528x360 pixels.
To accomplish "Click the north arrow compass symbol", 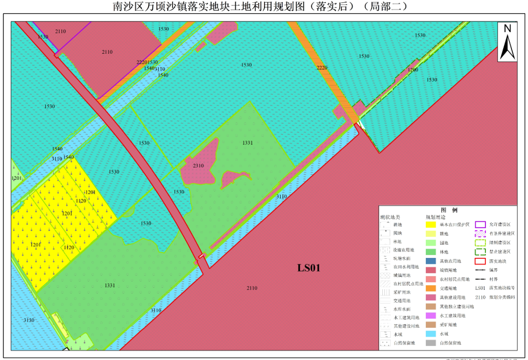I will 507,42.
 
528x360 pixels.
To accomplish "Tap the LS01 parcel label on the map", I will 309,268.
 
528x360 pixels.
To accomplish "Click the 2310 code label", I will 198,166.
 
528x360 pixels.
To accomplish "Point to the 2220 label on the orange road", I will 322,67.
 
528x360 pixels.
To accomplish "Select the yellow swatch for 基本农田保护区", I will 431,225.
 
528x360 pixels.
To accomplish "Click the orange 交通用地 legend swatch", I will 431,288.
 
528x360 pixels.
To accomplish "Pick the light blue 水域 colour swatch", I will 431,334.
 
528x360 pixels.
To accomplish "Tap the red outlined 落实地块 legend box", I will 481,261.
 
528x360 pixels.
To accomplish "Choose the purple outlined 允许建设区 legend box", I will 481,225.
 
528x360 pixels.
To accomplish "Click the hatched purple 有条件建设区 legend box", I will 481,233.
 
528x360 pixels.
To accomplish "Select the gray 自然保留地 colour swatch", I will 431,343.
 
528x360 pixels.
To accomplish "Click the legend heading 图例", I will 448,210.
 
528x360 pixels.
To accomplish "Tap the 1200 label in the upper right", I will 413,70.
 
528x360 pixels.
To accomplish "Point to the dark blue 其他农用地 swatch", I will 431,261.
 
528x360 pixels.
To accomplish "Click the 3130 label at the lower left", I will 29,320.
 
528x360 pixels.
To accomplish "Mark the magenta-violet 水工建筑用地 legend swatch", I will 431,316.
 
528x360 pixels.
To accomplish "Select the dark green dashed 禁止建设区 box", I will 481,252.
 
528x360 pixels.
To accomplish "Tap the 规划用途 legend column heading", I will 436,216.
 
